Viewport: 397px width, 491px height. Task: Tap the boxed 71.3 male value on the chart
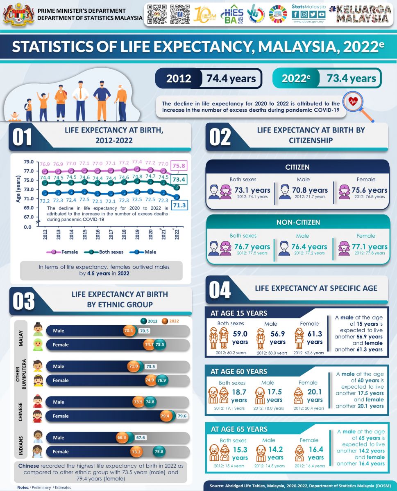179,205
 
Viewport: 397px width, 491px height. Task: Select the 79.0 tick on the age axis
28,162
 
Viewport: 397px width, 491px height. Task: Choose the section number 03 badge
23,302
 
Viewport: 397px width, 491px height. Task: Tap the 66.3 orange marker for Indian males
122,437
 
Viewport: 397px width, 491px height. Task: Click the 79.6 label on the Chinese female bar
182,416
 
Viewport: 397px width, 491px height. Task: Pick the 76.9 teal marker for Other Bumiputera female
162,380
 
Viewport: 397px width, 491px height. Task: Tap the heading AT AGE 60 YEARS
239,372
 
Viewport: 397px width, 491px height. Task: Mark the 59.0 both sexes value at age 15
240,334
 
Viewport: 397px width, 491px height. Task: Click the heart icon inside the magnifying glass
353,102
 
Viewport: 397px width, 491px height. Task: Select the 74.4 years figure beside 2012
231,79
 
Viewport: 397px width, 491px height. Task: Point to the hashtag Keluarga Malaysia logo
361,14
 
